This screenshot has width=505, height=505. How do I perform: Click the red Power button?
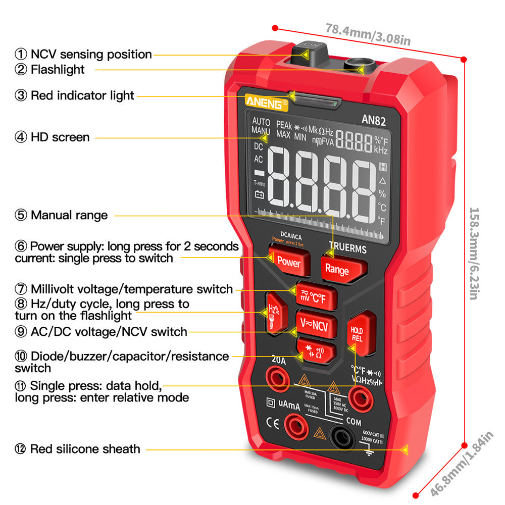click(x=288, y=262)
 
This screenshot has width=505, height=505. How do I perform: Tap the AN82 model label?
click(x=374, y=119)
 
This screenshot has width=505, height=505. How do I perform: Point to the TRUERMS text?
click(x=347, y=249)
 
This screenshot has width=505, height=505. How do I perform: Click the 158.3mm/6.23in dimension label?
click(x=474, y=253)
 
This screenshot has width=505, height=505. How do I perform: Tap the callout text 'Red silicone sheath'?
click(x=85, y=448)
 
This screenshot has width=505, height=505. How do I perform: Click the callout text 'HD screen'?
click(x=60, y=137)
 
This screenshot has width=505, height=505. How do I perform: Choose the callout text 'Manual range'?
click(x=69, y=215)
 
